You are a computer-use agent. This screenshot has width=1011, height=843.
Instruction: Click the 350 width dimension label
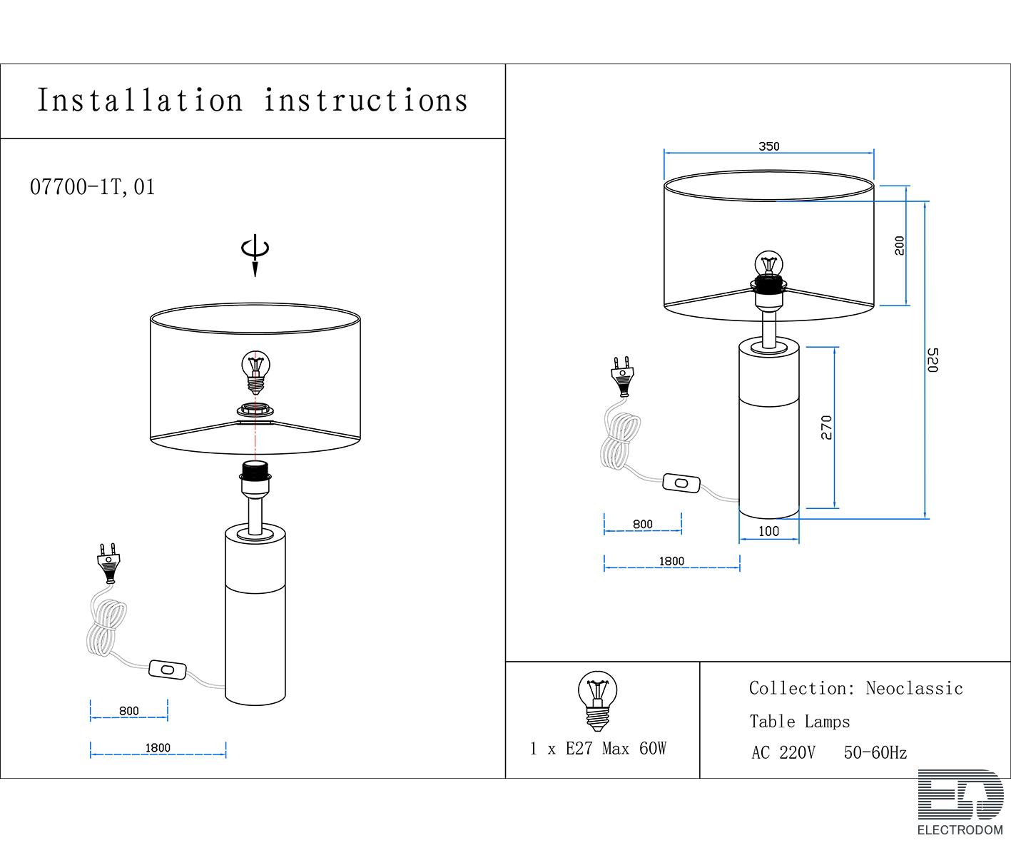click(768, 146)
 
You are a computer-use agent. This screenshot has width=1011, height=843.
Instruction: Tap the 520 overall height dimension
click(932, 360)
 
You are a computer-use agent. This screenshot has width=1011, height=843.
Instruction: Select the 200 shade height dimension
click(900, 246)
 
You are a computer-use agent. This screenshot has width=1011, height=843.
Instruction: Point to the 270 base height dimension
click(826, 427)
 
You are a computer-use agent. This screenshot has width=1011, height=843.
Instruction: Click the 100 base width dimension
click(768, 531)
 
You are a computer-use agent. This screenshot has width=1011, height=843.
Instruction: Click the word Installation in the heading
click(140, 101)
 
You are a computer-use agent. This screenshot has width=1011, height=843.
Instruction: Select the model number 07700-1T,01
click(92, 187)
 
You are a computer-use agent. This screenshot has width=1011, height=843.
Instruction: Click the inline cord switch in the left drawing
click(167, 670)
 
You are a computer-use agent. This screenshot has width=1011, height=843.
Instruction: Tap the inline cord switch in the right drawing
click(681, 483)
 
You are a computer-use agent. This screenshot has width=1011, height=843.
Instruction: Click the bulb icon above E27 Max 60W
click(596, 700)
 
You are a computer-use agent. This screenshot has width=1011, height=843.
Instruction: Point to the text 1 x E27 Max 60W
click(598, 748)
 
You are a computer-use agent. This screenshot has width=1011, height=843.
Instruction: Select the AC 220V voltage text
click(783, 752)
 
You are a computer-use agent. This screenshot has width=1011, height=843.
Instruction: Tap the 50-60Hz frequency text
click(875, 752)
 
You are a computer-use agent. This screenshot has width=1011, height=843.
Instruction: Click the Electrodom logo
click(960, 802)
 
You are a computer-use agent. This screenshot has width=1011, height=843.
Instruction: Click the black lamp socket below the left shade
click(255, 470)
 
